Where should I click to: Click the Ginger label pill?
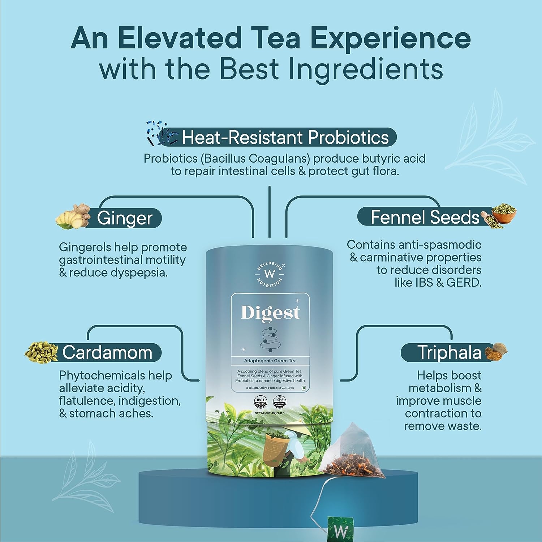(125, 218)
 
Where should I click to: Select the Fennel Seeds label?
(425, 217)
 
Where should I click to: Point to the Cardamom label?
(107, 352)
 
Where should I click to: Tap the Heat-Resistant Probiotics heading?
(285, 137)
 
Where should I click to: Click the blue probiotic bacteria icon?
(161, 133)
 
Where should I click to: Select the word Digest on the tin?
(270, 313)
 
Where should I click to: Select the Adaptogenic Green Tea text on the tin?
(270, 361)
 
